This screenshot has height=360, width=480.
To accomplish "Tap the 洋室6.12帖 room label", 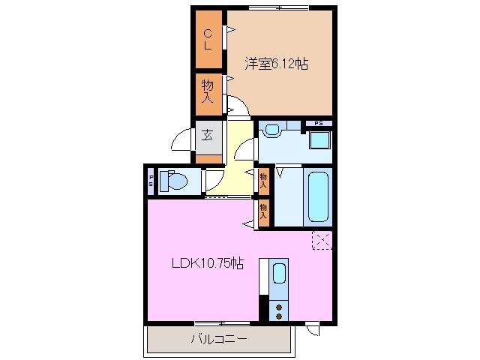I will pyautogui.click(x=275, y=64).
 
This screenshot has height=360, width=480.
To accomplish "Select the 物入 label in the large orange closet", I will pyautogui.click(x=208, y=91).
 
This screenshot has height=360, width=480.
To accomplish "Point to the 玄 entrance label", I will pyautogui.click(x=207, y=136).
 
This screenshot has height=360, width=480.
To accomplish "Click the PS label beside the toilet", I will pyautogui.click(x=151, y=181).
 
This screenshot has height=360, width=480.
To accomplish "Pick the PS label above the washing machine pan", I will pyautogui.click(x=319, y=123).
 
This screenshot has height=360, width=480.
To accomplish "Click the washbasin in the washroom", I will pyautogui.click(x=271, y=130).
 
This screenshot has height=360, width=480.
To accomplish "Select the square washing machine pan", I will pyautogui.click(x=320, y=140).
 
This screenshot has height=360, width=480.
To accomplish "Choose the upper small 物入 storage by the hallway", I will pyautogui.click(x=263, y=180).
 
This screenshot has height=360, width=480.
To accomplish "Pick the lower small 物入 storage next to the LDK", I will pyautogui.click(x=263, y=211).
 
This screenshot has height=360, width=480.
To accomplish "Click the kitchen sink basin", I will pyautogui.click(x=279, y=274).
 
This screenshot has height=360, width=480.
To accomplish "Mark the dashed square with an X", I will pyautogui.click(x=322, y=241).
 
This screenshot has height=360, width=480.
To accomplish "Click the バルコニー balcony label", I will pyautogui.click(x=218, y=340).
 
